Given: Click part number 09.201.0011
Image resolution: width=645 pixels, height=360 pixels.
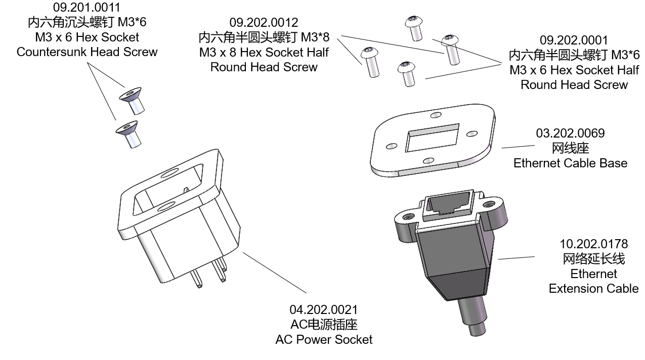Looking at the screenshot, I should [x=87, y=7].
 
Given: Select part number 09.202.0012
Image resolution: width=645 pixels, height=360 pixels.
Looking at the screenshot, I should [x=264, y=22].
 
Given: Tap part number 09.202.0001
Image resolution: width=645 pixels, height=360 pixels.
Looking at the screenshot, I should [x=574, y=40].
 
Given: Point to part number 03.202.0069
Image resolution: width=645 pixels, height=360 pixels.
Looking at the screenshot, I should [x=570, y=133].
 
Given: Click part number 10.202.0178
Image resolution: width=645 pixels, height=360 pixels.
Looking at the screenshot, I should [x=593, y=244].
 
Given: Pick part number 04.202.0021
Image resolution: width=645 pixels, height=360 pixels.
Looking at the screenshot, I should [x=323, y=309].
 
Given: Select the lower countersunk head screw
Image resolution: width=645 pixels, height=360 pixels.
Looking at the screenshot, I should [x=128, y=133].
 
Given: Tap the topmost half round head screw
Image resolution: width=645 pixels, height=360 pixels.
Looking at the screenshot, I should [x=414, y=27].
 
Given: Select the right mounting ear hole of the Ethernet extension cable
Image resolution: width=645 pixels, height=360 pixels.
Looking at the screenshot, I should [x=488, y=205].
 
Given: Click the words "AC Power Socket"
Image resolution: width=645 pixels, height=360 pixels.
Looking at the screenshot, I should [x=323, y=339].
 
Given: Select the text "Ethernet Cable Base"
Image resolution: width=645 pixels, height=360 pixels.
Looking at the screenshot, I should [x=570, y=163].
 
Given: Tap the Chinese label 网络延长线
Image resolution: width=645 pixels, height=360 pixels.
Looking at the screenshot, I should [x=593, y=259].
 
